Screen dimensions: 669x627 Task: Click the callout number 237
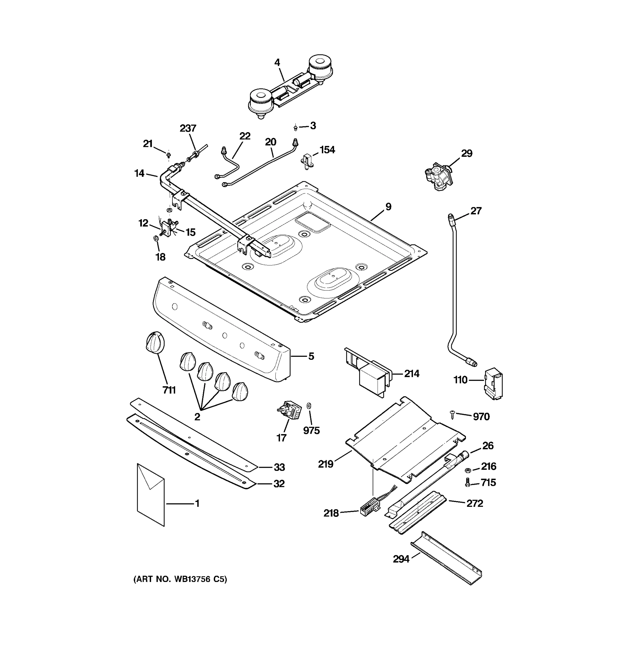188,128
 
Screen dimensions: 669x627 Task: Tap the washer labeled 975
309,404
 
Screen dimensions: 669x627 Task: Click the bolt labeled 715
467,484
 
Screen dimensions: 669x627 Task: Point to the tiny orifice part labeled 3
295,128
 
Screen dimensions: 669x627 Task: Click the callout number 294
401,559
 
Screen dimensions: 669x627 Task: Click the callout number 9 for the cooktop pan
388,207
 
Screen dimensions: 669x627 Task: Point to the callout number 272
475,503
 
